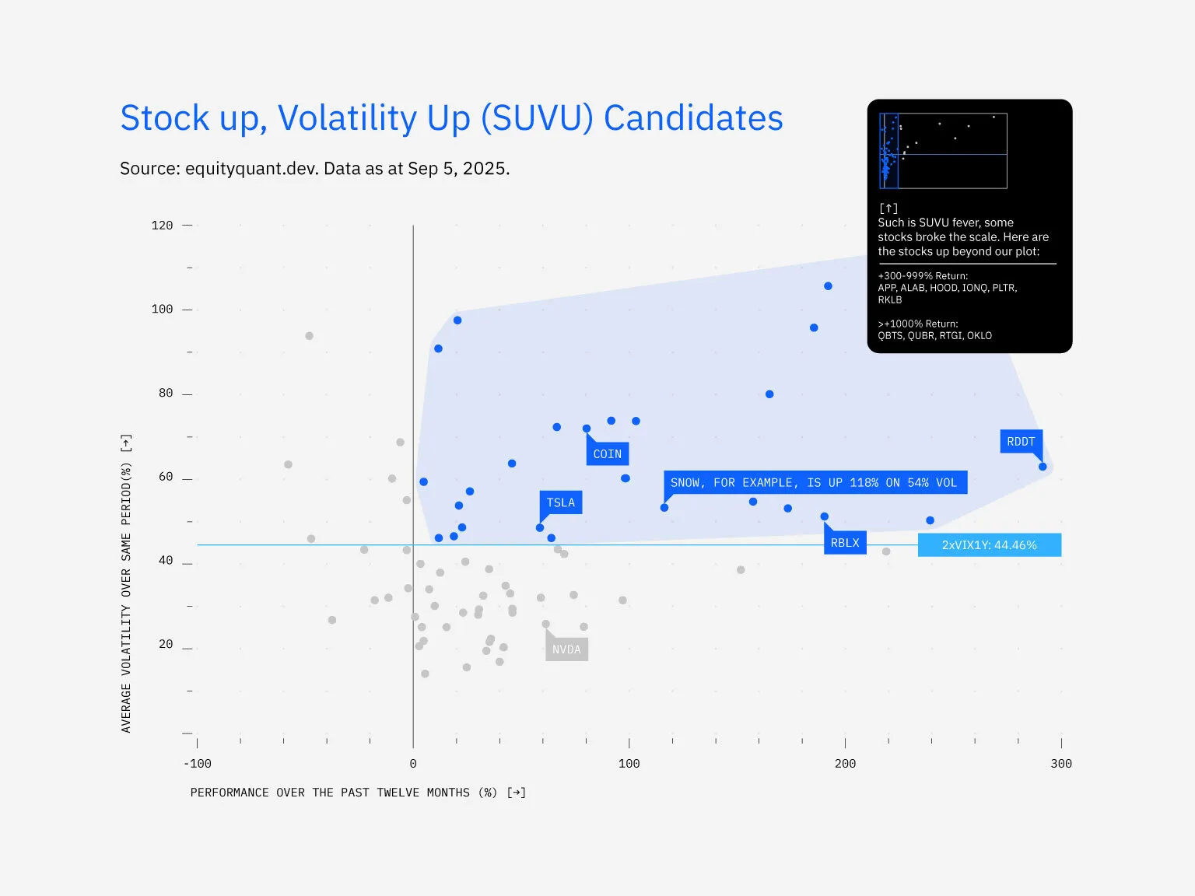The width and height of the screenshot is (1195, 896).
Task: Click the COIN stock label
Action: click(x=607, y=454)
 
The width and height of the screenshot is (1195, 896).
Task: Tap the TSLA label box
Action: click(x=560, y=502)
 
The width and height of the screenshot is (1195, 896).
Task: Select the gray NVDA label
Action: click(x=566, y=649)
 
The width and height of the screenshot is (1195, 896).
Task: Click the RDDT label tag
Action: click(x=1021, y=442)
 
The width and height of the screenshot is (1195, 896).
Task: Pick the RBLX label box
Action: click(x=844, y=543)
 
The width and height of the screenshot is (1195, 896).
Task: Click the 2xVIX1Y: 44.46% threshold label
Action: click(x=989, y=545)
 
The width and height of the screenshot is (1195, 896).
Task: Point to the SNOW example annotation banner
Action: click(x=814, y=482)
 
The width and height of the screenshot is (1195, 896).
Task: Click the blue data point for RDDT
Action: click(x=1043, y=467)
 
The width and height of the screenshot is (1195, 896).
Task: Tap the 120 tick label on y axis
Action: click(x=162, y=226)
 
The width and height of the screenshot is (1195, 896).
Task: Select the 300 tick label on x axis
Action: click(x=1060, y=764)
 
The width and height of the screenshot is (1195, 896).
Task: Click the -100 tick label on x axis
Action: click(x=197, y=764)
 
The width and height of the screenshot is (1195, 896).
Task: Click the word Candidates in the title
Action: click(x=693, y=118)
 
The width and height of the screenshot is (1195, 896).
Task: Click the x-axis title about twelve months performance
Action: click(x=358, y=793)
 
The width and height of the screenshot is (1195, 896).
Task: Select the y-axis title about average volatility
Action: click(x=126, y=583)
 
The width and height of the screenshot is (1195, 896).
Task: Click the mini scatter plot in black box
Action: click(x=943, y=151)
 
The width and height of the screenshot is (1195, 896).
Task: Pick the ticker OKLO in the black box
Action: click(x=979, y=336)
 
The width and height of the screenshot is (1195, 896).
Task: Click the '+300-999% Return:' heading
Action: click(x=923, y=276)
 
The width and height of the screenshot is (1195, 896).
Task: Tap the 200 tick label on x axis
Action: click(x=845, y=764)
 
